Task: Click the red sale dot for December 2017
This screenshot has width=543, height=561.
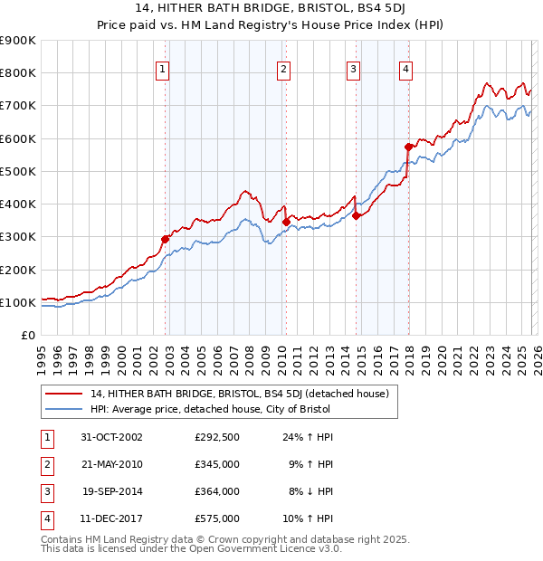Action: pyautogui.click(x=408, y=147)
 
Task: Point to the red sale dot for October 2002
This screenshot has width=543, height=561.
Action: pyautogui.click(x=166, y=239)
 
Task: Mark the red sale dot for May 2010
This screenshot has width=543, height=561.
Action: pyautogui.click(x=286, y=222)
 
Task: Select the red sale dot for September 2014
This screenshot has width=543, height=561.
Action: pyautogui.click(x=357, y=215)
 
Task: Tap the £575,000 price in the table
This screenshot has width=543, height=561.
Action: pyautogui.click(x=217, y=518)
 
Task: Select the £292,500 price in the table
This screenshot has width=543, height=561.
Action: pyautogui.click(x=217, y=437)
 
